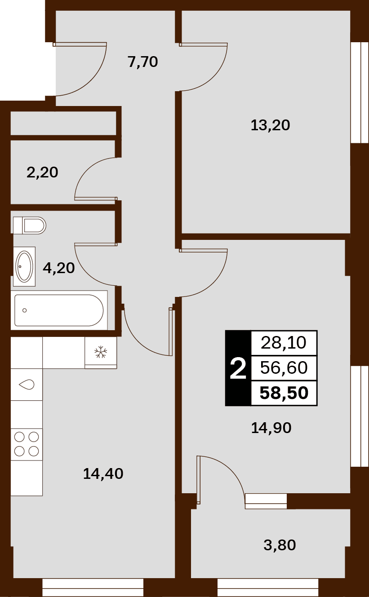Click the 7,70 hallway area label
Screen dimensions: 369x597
tap(143, 62)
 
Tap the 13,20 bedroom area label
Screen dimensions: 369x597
tap(271, 125)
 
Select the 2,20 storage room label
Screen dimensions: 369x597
tap(42, 172)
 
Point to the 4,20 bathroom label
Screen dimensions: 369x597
tap(59, 268)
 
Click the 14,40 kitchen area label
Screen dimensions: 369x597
tap(103, 474)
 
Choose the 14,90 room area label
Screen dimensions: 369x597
tap(271, 428)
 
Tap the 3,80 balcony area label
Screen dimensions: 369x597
tap(280, 545)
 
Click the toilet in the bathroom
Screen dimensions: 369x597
tap(29, 226)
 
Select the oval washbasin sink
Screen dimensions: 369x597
tap(24, 266)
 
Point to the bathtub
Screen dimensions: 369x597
tap(59, 310)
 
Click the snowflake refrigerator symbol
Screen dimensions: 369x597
tap(101, 352)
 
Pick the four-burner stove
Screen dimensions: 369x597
tap(27, 444)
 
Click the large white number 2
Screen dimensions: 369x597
tap(238, 369)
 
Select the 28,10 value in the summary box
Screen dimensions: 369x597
tap(284, 343)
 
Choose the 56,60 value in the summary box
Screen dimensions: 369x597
tap(284, 368)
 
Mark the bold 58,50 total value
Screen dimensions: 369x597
tap(284, 393)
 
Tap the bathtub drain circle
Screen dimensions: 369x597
tap(25, 310)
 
